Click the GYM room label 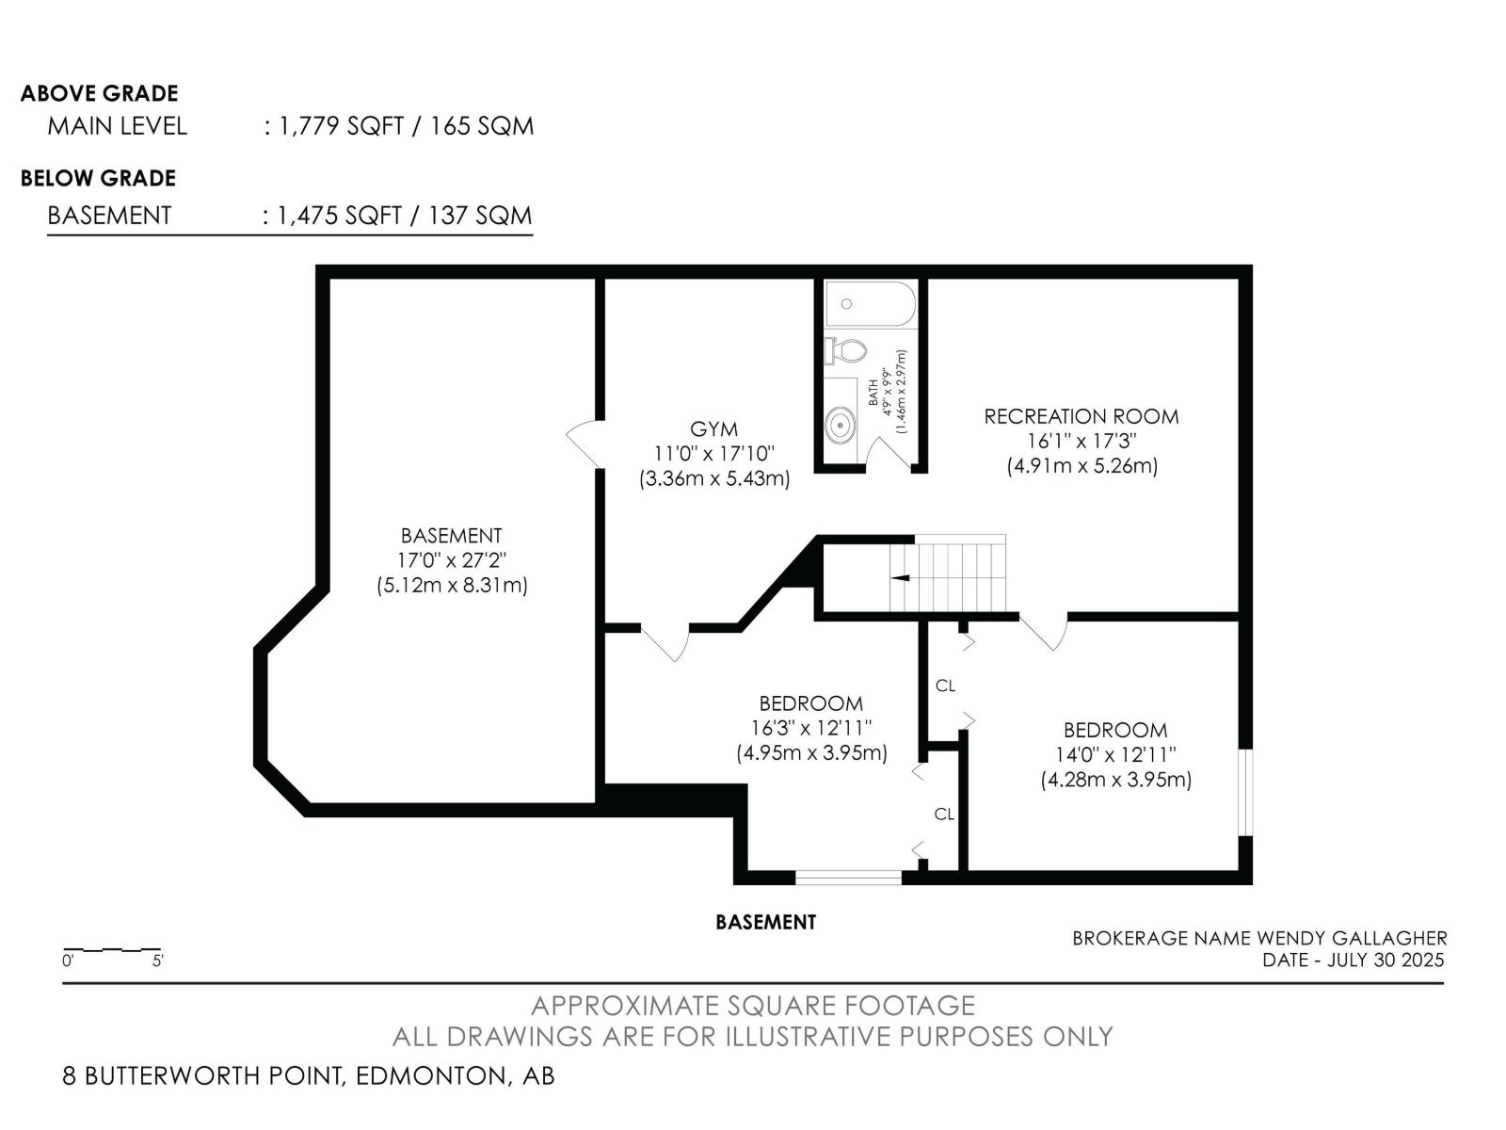[713, 429]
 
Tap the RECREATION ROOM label [1081, 416]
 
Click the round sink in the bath [840, 426]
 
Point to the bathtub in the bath [870, 304]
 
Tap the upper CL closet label [945, 686]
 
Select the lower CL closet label [944, 814]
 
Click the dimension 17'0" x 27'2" [451, 560]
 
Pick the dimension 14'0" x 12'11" [1115, 754]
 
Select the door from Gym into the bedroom [665, 642]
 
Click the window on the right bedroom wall [1245, 792]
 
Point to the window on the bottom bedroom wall [848, 878]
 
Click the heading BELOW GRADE [98, 178]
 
